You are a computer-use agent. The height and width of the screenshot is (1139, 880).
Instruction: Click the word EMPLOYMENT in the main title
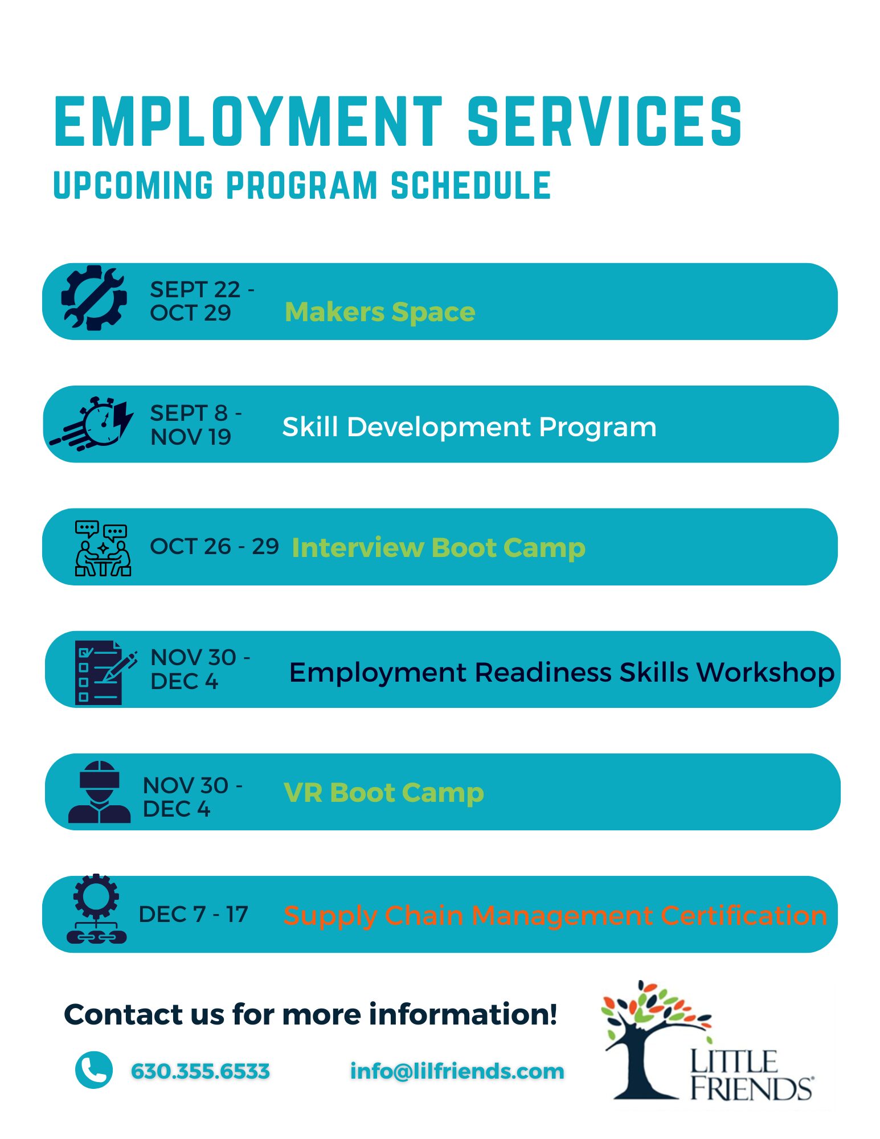pos(248,121)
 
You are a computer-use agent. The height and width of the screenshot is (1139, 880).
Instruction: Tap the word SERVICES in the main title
pos(605,121)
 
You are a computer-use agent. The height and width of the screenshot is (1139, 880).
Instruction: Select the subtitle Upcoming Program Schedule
pos(302,186)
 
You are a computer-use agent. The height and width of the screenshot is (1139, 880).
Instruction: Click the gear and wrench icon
pos(94,298)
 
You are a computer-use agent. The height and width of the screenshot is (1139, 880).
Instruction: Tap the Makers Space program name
pos(380,312)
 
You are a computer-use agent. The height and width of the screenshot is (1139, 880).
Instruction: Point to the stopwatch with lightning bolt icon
pos(92,424)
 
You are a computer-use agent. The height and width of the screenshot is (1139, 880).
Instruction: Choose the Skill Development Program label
pos(469,427)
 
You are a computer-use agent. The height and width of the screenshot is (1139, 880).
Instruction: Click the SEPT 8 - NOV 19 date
pos(196,425)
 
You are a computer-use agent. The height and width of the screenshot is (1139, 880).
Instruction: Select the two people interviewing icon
pos(103,548)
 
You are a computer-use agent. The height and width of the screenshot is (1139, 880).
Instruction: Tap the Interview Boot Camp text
pos(439,548)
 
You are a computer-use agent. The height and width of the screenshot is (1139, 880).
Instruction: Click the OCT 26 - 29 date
pos(214,546)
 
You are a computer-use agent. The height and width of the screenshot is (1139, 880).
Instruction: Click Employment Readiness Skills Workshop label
pos(562,673)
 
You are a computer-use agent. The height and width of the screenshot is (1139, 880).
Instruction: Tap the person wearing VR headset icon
pos(100,792)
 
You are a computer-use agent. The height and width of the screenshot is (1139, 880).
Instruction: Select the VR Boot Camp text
pos(384,793)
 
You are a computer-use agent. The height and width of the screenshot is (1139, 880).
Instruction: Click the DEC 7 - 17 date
pos(194,915)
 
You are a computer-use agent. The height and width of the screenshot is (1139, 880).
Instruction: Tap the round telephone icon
pos(94,1070)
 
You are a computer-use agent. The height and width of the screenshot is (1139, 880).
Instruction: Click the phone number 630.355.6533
pos(200,1071)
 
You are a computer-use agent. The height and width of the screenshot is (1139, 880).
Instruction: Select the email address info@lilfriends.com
pos(457,1071)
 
